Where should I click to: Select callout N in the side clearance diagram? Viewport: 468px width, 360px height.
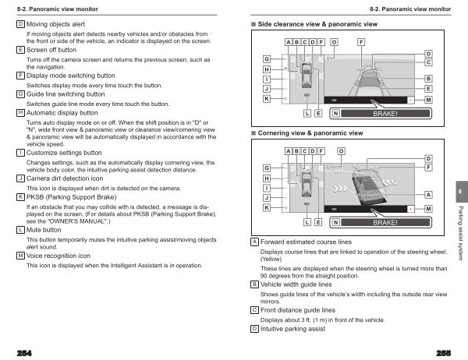(335, 114)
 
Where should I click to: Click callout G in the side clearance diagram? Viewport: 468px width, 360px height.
(267, 59)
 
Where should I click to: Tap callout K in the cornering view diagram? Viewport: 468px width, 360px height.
(267, 208)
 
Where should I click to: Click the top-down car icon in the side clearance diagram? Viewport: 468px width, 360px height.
(306, 76)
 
